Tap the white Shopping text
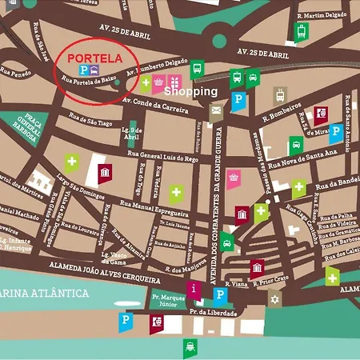[x=190, y=91]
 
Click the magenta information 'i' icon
[x=193, y=288]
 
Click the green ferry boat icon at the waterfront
[x=190, y=346]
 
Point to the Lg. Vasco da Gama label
[x=114, y=258]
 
